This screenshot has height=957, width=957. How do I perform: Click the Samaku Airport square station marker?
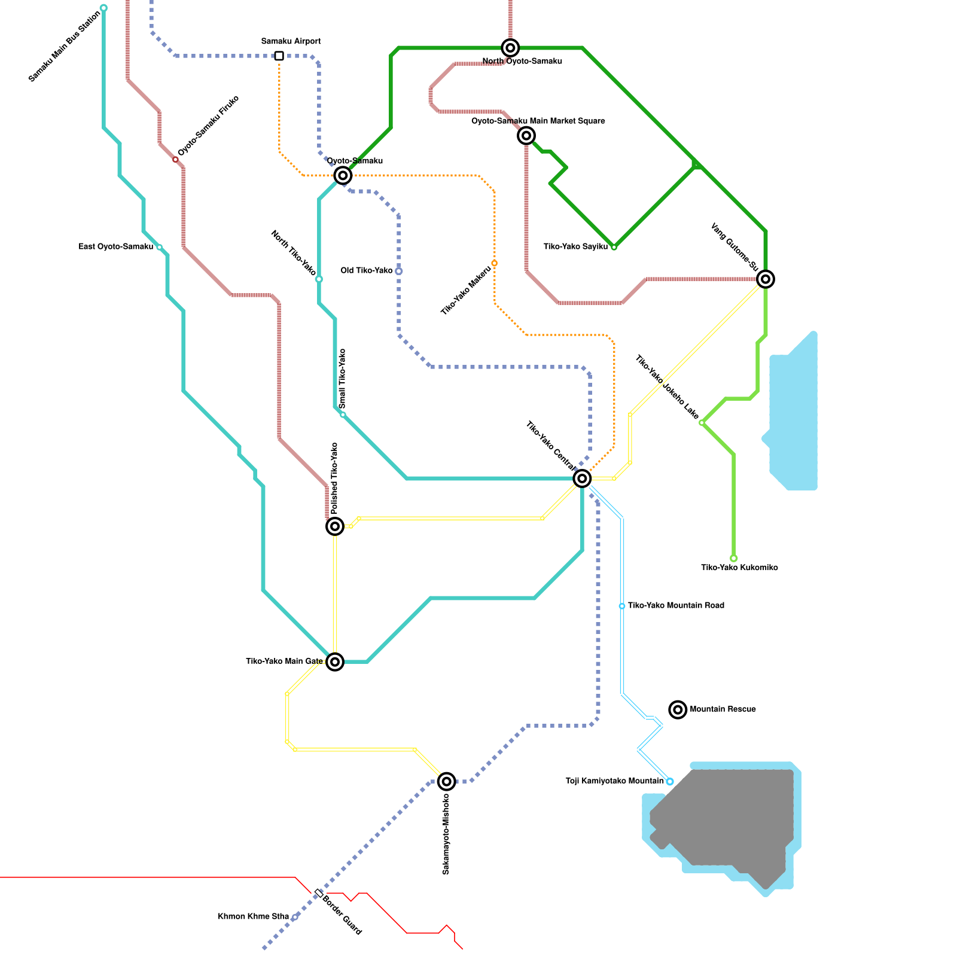tap(279, 56)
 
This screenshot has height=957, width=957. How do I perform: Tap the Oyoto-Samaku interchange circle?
tap(343, 175)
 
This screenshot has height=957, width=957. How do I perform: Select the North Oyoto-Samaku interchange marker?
tap(510, 48)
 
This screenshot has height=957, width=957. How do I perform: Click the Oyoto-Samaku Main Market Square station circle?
tap(526, 136)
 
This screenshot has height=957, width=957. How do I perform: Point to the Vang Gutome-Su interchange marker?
tap(766, 279)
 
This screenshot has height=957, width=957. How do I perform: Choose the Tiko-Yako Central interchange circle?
tap(582, 478)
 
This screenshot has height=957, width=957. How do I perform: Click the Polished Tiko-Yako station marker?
tap(335, 526)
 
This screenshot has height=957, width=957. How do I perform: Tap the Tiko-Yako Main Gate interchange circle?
tap(335, 662)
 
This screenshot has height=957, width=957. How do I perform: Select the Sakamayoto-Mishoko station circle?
tap(446, 781)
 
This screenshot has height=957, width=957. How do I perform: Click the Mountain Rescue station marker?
tap(678, 709)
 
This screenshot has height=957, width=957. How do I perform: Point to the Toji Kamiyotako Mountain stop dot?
tap(670, 781)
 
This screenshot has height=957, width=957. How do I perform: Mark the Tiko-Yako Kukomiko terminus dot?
tap(733, 558)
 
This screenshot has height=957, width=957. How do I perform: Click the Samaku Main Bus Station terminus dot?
tap(103, 8)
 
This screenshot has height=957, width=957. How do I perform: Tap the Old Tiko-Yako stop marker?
tap(398, 271)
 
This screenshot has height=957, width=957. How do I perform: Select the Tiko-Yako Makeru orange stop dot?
tap(494, 263)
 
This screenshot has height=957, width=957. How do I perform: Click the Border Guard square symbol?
tap(319, 892)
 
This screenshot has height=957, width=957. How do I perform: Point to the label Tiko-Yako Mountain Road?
tap(676, 605)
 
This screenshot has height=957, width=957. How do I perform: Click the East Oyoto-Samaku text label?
tap(116, 246)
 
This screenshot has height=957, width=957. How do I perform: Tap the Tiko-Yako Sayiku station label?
tap(575, 246)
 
